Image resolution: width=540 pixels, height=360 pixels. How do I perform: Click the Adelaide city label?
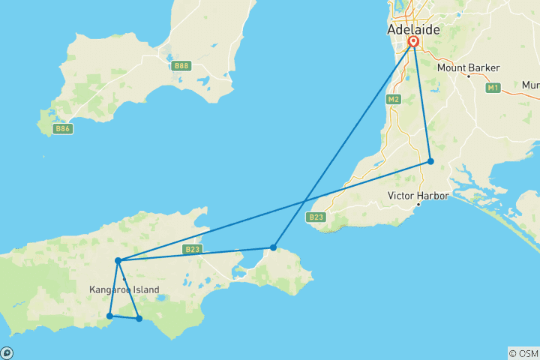tap(413, 30)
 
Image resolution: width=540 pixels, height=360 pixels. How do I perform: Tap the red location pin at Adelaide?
tap(413, 42)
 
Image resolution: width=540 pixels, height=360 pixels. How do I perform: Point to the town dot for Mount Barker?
tap(468, 76)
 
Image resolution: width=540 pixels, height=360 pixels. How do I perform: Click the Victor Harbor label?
tap(418, 196)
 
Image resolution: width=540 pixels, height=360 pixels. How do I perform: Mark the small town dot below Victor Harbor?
tap(418, 204)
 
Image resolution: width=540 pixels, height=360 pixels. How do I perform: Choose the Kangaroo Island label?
tap(124, 289)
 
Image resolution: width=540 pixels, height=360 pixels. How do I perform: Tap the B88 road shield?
tap(181, 66)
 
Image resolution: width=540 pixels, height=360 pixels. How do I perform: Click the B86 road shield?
tap(62, 129)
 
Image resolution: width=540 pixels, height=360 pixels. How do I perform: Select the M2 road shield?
tap(394, 99)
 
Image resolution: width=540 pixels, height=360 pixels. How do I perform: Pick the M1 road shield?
tap(493, 88)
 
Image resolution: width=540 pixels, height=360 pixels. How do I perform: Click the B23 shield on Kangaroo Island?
tap(191, 249)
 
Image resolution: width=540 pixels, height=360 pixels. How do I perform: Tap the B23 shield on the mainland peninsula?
tap(316, 217)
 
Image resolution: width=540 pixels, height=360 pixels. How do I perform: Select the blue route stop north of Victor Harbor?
tap(430, 161)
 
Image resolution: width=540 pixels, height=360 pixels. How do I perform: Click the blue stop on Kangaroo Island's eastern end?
tap(274, 247)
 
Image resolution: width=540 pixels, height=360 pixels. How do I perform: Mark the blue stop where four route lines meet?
tap(118, 261)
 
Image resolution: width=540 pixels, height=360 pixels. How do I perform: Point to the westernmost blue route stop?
tap(110, 316)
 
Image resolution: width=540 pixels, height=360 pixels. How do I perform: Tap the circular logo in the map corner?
tap(7, 352)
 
